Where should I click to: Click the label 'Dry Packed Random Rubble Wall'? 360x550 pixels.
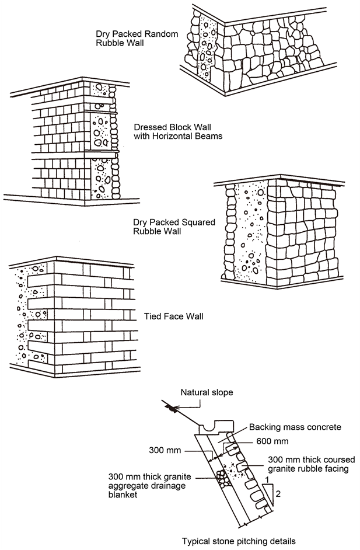[137, 38]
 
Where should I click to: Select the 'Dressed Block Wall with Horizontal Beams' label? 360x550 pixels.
[178, 131]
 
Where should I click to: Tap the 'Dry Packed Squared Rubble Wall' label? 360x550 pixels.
[174, 227]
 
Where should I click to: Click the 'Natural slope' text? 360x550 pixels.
[207, 392]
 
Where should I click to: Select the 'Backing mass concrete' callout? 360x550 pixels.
[295, 427]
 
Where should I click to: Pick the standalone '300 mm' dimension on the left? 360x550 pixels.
[165, 451]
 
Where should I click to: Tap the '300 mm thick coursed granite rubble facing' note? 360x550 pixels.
[310, 464]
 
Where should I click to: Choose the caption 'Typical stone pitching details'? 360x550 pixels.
[239, 541]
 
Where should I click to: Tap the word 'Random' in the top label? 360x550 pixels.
[162, 33]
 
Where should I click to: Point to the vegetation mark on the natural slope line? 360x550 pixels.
[172, 409]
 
